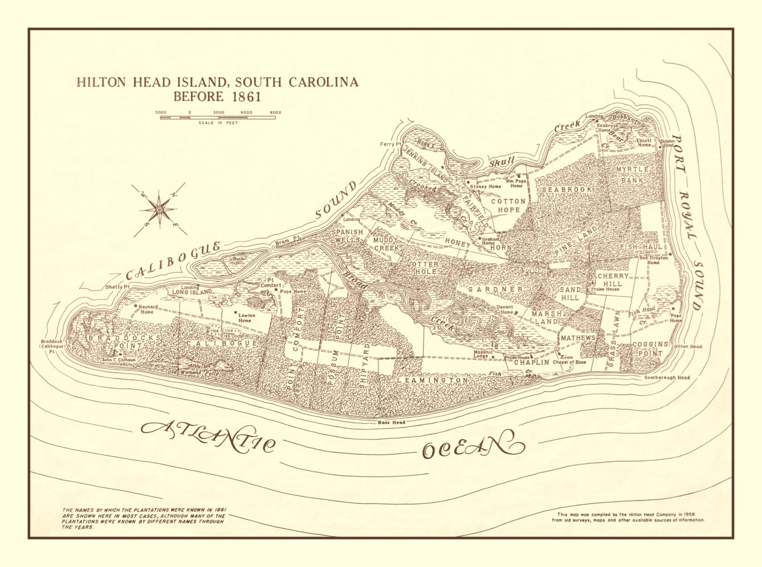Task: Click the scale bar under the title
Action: click(x=218, y=117)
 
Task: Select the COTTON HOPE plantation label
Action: click(x=505, y=206)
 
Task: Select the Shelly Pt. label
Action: click(x=114, y=287)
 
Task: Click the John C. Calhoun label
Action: click(x=119, y=360)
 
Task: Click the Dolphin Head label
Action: click(x=667, y=144)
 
